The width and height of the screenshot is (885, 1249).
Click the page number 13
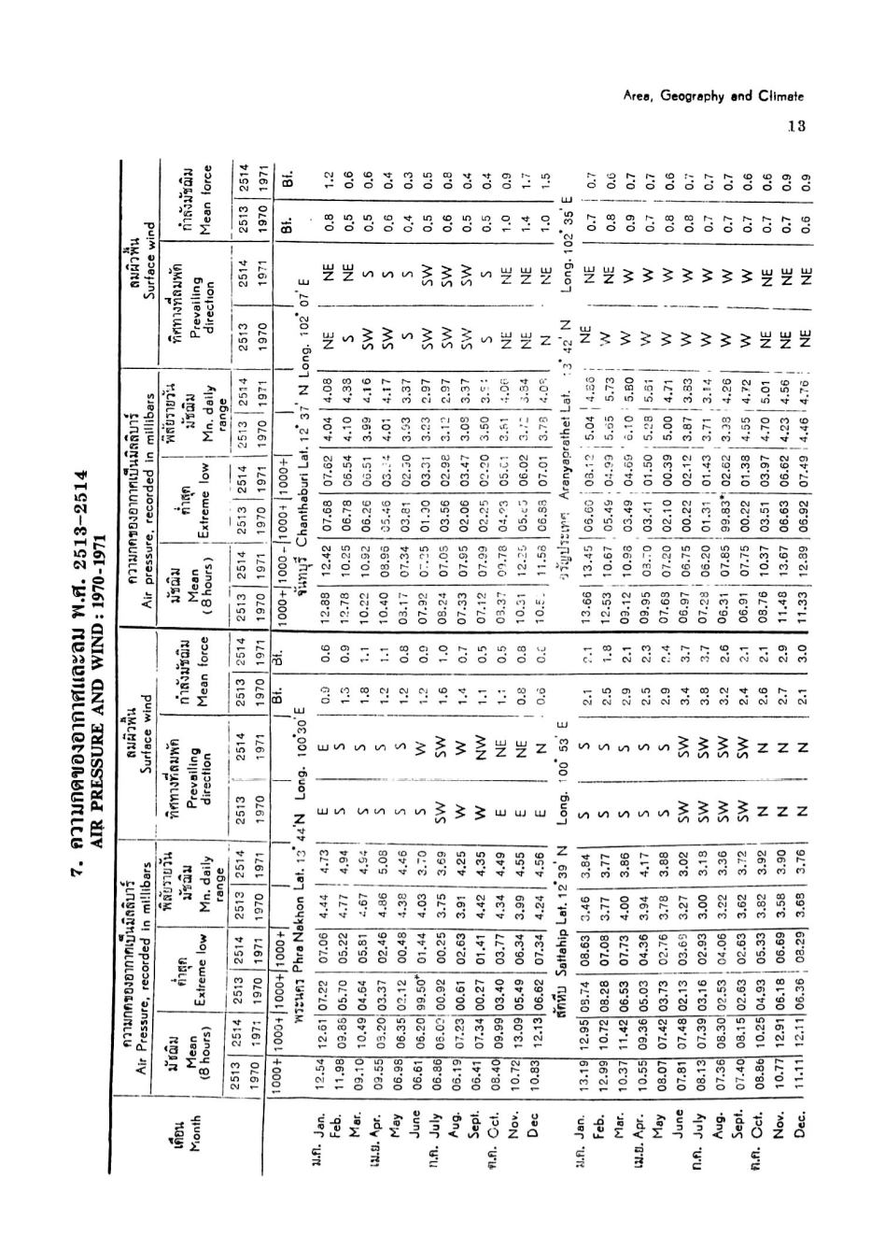click(795, 126)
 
